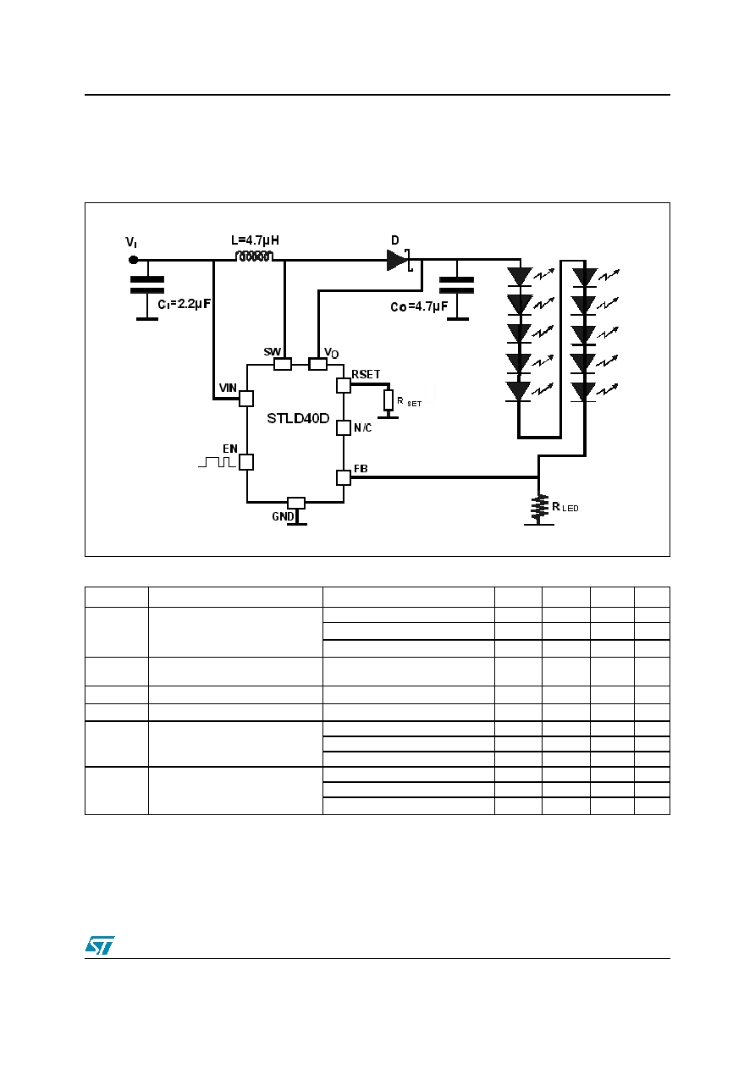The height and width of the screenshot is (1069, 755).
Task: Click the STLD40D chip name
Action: pos(298,418)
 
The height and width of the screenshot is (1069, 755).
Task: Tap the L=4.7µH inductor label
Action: pos(255,240)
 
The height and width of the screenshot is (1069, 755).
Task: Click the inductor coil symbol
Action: pos(255,256)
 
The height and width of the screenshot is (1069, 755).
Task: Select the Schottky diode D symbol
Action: pos(400,260)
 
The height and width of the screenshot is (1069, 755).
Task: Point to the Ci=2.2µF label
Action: pos(185,304)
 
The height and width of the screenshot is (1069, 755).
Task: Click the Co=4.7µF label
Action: pos(419,306)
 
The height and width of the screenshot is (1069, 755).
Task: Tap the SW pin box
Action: pos(283,364)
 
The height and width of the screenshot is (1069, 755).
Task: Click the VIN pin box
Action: pos(246,399)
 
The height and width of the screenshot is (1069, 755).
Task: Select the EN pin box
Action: pos(246,462)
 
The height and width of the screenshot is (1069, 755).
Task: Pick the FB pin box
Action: pos(344,477)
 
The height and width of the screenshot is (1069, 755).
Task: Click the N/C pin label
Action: pos(363,428)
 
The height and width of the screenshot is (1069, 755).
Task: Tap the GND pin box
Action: pos(296,503)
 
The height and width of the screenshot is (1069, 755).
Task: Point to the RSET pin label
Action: pos(366,375)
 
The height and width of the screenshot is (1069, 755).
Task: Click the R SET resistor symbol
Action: pos(389,399)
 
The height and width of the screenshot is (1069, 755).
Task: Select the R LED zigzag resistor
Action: pos(539,508)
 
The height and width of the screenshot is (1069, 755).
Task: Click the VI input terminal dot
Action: pos(134,260)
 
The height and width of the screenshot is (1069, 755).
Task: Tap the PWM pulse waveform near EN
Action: pos(218,461)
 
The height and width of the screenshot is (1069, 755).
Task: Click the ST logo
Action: pos(100,945)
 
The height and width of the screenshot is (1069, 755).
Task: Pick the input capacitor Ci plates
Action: pos(147,285)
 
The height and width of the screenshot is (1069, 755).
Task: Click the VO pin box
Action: pos(318,365)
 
